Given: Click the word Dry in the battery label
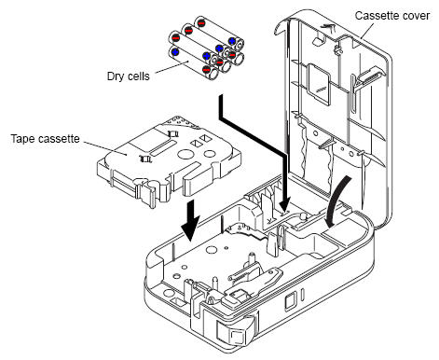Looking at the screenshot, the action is click(115, 76).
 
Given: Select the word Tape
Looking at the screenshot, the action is click(25, 139).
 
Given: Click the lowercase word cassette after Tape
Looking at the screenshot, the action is click(61, 139).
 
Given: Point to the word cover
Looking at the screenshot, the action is click(416, 16).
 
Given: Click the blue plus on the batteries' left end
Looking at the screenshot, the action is click(175, 52).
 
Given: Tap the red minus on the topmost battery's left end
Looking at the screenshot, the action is click(201, 22).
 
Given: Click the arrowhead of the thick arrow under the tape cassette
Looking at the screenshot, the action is click(190, 229).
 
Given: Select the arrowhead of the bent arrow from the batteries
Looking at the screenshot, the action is click(284, 203).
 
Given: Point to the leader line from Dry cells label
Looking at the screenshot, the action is click(171, 67).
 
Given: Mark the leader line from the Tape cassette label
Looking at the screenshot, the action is click(105, 148).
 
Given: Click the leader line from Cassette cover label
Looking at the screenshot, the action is click(368, 30).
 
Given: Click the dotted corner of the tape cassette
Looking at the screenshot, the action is click(183, 122).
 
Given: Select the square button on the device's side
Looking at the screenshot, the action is click(290, 301).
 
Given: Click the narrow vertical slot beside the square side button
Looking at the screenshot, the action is click(303, 294).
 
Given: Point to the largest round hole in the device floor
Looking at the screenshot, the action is click(212, 250).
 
